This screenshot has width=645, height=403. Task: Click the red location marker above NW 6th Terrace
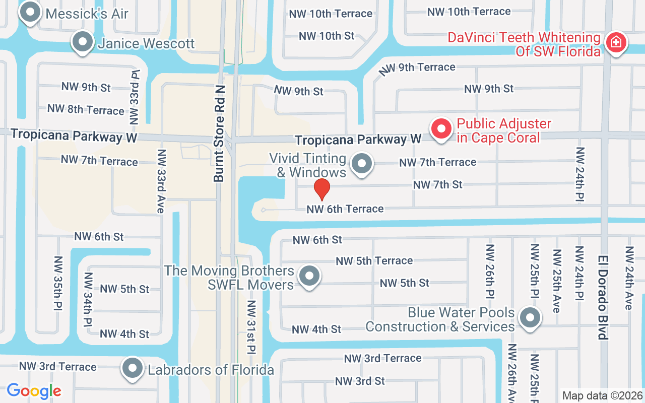(321, 189)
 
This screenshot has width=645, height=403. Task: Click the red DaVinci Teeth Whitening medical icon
(615, 43)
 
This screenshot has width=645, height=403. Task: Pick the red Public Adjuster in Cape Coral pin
(441, 129)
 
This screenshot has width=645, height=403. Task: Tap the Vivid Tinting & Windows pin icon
(361, 164)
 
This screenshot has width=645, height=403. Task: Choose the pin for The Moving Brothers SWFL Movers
(309, 276)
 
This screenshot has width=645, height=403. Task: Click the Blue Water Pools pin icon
(530, 318)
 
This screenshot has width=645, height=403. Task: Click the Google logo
(34, 390)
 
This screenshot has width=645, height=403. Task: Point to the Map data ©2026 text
(602, 396)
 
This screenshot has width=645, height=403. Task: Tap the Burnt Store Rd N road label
(219, 133)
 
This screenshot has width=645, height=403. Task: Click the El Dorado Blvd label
(603, 297)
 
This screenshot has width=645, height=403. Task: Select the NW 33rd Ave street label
(161, 181)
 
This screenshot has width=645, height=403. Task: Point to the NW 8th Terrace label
(86, 109)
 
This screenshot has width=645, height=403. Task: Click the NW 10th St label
(327, 36)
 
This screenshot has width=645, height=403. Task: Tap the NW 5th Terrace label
(374, 261)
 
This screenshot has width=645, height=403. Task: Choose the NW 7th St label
(437, 185)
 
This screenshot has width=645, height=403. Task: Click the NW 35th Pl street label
(58, 283)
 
